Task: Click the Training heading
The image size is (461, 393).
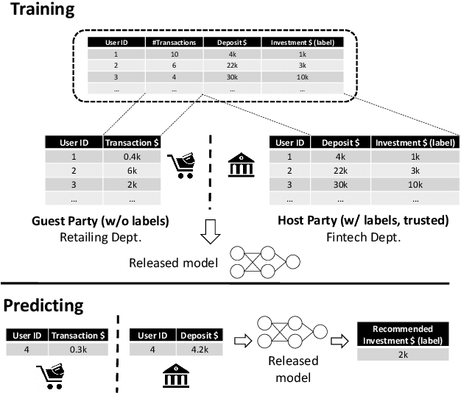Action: (38, 10)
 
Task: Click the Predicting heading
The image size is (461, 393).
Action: (45, 304)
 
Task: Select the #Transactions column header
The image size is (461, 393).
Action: (174, 43)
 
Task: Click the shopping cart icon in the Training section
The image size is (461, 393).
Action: (180, 166)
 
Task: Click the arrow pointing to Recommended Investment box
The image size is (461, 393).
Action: (339, 341)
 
